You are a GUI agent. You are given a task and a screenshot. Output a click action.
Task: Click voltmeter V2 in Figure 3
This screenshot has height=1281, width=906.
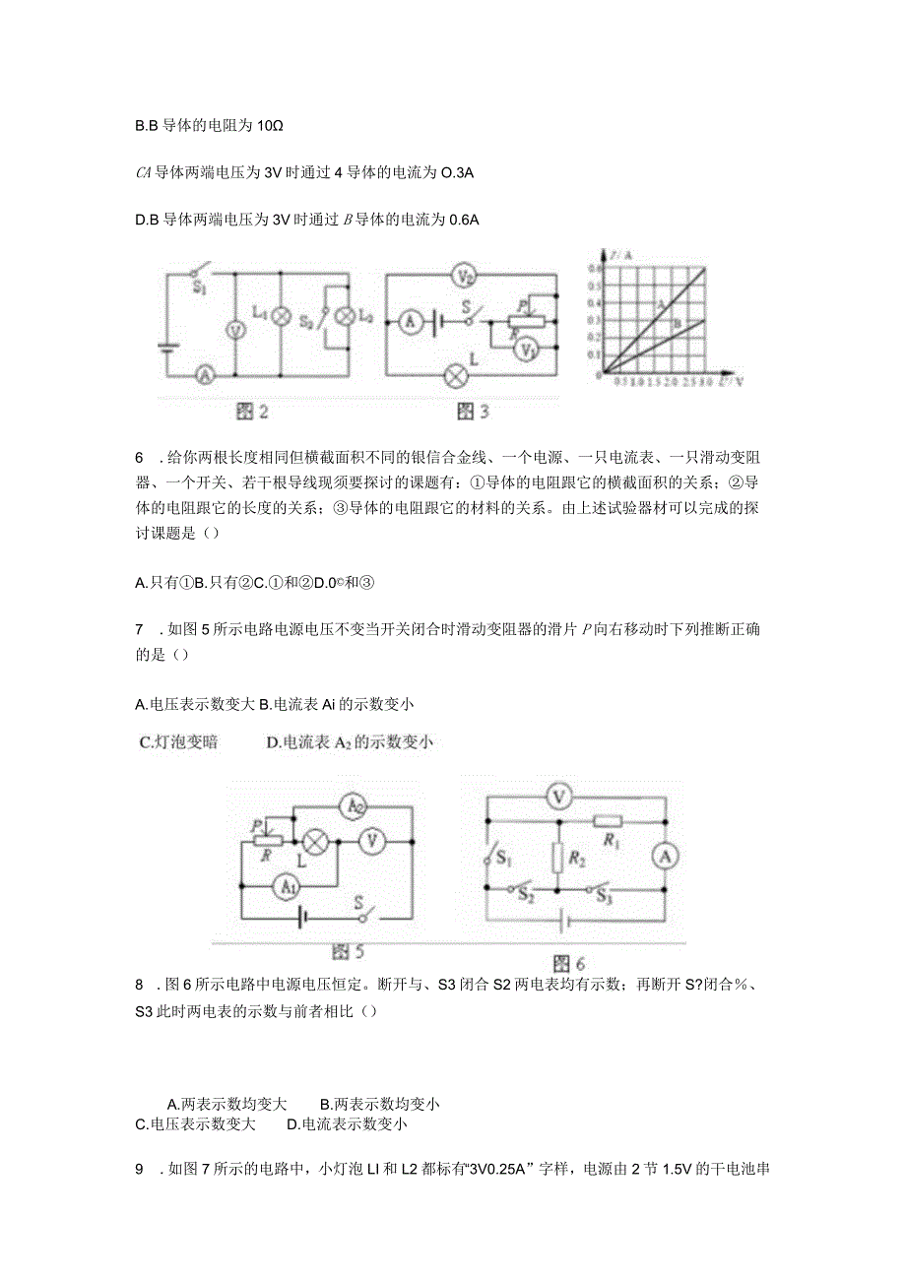(x=469, y=276)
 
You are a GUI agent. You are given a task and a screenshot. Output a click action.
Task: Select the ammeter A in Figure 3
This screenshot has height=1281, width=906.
(x=409, y=320)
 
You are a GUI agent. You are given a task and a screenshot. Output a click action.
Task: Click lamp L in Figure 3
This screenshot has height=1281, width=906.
(x=456, y=375)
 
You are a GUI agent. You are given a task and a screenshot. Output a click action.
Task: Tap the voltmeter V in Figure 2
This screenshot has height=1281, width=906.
(x=234, y=331)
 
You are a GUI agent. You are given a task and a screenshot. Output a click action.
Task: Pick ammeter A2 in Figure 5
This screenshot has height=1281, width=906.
(x=352, y=807)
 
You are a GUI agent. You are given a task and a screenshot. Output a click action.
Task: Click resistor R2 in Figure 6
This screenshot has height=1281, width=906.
(x=557, y=858)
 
